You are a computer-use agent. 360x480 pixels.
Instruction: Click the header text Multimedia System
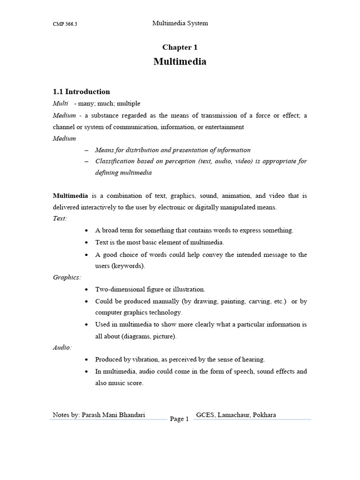coord(180,23)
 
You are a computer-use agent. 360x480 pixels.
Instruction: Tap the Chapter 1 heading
coord(177,47)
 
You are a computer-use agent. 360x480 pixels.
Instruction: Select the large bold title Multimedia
coord(180,62)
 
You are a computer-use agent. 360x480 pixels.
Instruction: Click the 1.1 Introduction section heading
coord(81,92)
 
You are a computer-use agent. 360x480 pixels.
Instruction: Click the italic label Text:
coord(60,218)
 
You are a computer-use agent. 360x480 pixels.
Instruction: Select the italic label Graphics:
coord(67,277)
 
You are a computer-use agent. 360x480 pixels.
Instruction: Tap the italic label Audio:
coord(62,347)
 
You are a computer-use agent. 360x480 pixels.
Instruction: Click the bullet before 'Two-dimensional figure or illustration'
coord(87,290)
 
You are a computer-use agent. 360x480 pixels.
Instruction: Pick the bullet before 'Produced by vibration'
coord(87,360)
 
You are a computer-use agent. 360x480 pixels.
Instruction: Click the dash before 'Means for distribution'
coord(87,150)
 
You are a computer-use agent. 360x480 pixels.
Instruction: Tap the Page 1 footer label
coord(179,419)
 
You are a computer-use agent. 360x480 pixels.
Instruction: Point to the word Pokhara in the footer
coord(265,415)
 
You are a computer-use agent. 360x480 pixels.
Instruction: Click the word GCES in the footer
coord(205,415)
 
